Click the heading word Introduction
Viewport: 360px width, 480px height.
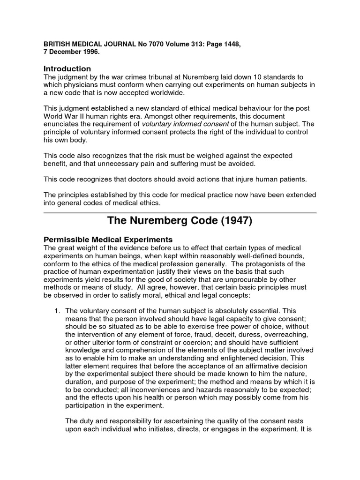(x=67, y=69)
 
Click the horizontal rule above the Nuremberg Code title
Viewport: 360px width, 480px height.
(x=180, y=212)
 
